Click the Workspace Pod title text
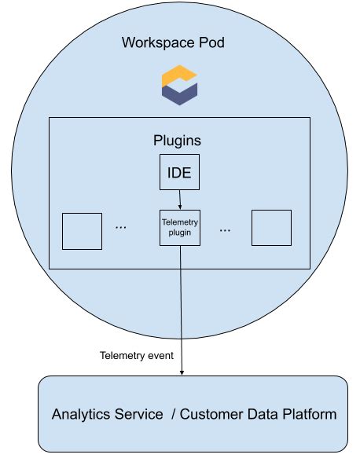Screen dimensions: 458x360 tap(173, 42)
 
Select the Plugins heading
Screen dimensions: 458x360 tap(177, 141)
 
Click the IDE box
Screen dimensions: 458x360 tap(179, 171)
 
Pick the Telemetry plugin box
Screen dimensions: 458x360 tap(180, 228)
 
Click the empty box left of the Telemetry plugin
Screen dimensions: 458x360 tap(82, 231)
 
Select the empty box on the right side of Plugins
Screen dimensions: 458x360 tap(271, 228)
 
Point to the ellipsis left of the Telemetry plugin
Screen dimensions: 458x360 tap(121, 228)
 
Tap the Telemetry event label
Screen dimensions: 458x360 tap(137, 355)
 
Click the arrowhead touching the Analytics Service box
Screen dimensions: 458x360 tap(182, 372)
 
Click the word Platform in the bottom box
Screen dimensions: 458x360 tap(310, 414)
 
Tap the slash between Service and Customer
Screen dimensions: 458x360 tap(174, 414)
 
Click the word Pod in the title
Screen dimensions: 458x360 tap(211, 42)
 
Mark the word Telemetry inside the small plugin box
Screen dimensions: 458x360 tap(180, 222)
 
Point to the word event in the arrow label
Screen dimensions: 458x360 tap(160, 355)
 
